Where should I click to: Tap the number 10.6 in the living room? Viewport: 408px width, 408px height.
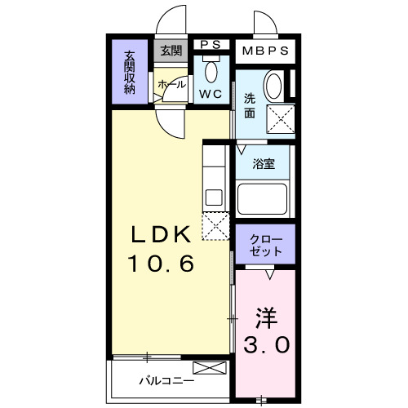pos(162,264)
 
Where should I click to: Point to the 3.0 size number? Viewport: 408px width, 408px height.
pos(266,344)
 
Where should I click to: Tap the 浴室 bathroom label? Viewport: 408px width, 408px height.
pos(264,163)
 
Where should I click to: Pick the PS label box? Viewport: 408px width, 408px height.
pos(211,46)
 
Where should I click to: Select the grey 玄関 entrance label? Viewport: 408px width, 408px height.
pos(171,51)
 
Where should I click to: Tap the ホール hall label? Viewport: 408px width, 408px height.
pos(171,84)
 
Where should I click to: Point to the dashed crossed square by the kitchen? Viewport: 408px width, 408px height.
pos(216,226)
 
